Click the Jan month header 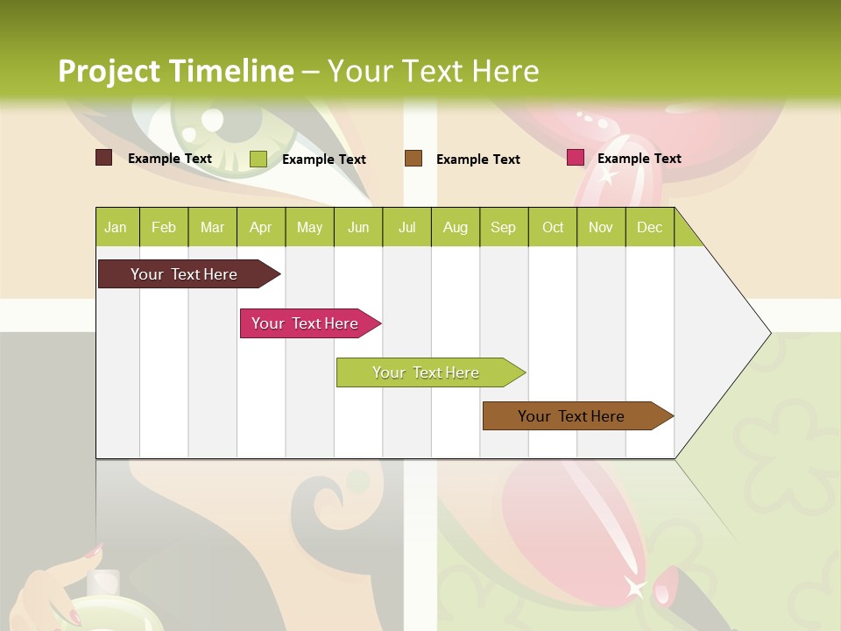(116, 227)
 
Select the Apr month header (260, 227)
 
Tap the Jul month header (406, 227)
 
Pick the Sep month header (503, 227)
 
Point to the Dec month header (649, 227)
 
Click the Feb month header (164, 227)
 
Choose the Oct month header (553, 227)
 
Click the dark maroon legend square (103, 158)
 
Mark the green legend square (258, 159)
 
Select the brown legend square (413, 158)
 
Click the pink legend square (576, 158)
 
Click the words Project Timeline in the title (176, 71)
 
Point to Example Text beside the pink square (640, 159)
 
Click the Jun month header (358, 227)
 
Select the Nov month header (601, 227)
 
